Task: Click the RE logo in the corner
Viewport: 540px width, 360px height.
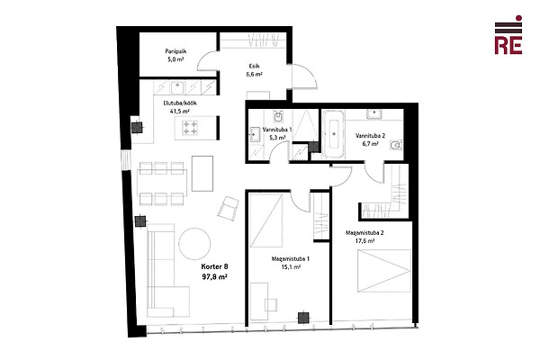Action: click(508, 35)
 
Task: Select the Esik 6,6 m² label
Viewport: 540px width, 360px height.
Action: click(254, 70)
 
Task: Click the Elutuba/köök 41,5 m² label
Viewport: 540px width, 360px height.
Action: click(180, 107)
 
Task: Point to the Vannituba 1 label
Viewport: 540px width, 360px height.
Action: click(277, 130)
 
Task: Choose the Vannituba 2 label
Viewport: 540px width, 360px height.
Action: click(370, 136)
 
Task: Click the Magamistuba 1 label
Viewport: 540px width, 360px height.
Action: click(291, 258)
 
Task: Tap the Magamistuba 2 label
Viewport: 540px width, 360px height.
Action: click(364, 233)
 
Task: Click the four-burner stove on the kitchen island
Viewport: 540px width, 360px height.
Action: click(190, 128)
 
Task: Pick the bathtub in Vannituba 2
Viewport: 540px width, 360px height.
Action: click(333, 134)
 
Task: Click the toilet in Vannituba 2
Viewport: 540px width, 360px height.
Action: click(396, 146)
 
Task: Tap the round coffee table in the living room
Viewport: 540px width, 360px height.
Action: click(194, 244)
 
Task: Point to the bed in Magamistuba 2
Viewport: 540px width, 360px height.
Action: click(384, 271)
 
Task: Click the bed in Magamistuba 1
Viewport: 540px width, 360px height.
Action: click(266, 220)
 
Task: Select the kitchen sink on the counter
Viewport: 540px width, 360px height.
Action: click(178, 87)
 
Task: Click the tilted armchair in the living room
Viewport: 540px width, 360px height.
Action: click(228, 209)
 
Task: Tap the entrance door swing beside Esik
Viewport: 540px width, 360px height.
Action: click(304, 76)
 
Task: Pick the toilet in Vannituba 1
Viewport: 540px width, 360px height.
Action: click(278, 117)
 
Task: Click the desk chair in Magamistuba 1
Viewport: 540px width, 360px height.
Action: click(271, 305)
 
